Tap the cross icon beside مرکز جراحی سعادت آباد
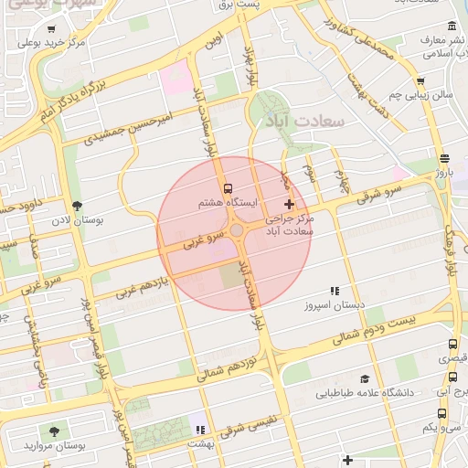290,204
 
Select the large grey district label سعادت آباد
299,121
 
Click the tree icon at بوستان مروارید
55,430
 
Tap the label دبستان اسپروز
335,303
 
